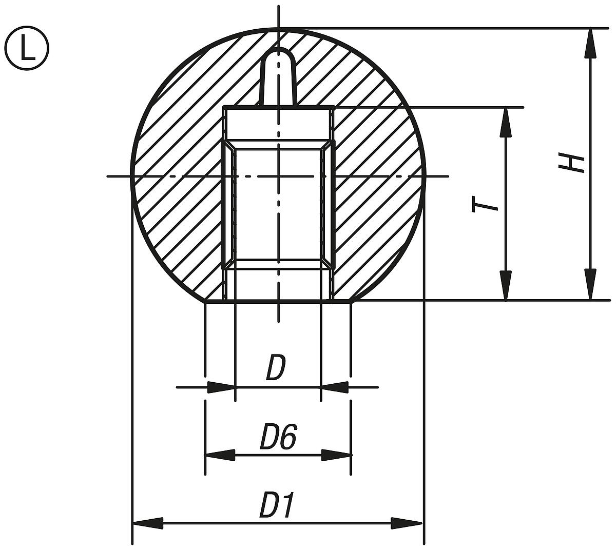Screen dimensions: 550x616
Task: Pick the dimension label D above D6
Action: tap(275, 368)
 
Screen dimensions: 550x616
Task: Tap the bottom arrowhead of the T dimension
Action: tap(506, 285)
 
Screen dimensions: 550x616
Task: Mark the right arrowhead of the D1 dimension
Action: tap(408, 523)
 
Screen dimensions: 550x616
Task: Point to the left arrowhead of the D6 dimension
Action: tap(220, 455)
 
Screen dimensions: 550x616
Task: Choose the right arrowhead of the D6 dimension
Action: tap(337, 455)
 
